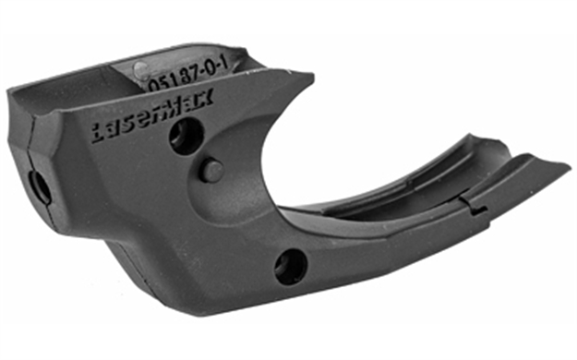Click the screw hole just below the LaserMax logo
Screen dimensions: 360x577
click(x=185, y=137)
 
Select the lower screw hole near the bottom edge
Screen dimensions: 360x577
click(x=291, y=266)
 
